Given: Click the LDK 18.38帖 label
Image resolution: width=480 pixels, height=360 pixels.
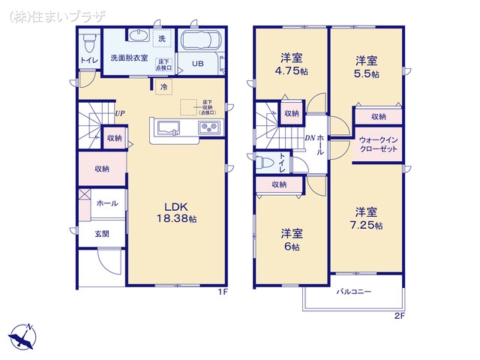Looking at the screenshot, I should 177,212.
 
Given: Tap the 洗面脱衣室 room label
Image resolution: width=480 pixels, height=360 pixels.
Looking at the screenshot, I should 129,57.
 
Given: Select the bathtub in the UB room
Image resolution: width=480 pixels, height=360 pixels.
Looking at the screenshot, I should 198,41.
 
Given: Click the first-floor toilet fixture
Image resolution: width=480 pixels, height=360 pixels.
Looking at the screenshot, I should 89,39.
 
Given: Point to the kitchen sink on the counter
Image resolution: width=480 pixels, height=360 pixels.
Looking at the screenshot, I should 167,127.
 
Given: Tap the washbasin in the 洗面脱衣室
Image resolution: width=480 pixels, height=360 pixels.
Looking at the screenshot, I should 138,36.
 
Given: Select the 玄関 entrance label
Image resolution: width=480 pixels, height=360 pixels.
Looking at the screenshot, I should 101,233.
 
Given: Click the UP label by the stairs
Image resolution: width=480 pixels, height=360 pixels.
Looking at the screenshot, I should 120,114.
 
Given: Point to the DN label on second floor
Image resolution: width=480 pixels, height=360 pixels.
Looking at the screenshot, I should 310,138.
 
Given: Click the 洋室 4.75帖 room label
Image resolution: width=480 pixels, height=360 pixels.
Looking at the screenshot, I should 290,65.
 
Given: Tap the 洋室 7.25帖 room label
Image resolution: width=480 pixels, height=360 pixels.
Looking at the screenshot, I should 367,218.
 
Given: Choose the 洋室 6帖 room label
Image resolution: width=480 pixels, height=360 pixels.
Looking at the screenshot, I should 290,239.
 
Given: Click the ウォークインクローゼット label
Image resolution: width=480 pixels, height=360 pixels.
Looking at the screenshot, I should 379,144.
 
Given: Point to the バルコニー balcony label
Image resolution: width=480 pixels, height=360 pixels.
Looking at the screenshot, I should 354,291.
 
